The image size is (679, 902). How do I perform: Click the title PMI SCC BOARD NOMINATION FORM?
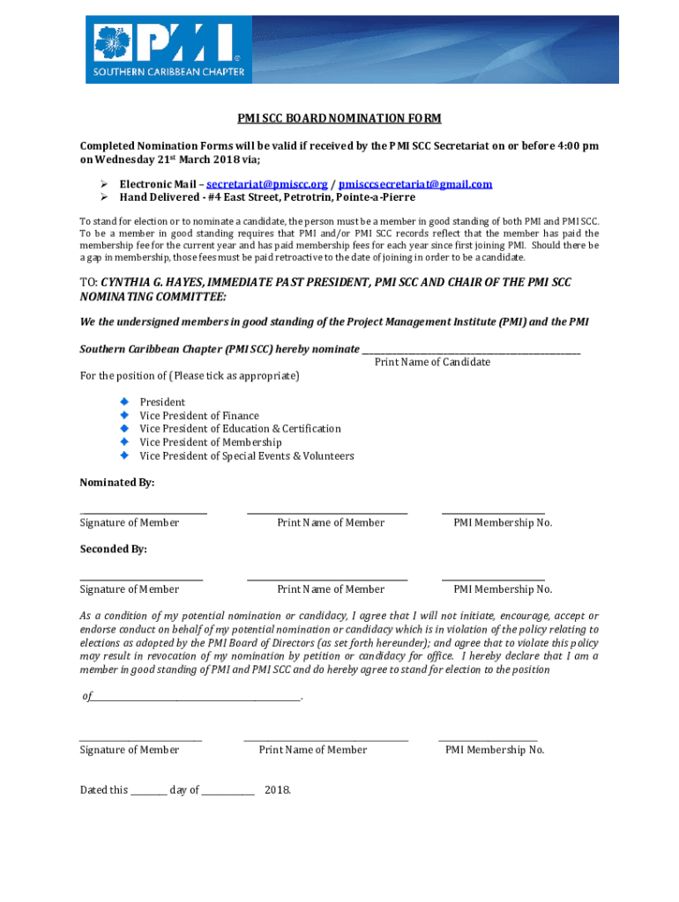[x=339, y=118]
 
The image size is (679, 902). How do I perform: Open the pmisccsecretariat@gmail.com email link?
[x=415, y=184]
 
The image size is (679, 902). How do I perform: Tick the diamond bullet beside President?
[x=124, y=402]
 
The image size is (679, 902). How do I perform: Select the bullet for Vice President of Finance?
[x=124, y=415]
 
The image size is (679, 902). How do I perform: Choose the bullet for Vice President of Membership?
[x=124, y=442]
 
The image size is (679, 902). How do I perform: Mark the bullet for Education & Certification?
[x=124, y=428]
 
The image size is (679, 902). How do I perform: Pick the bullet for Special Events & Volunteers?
[x=124, y=455]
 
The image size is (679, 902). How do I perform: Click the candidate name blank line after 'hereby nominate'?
[x=472, y=351]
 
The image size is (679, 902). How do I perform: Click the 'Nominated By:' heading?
[x=117, y=483]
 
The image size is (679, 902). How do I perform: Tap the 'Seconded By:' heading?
[x=114, y=549]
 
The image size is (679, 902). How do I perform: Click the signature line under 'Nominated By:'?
[x=144, y=512]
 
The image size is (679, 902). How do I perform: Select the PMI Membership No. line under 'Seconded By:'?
[x=493, y=578]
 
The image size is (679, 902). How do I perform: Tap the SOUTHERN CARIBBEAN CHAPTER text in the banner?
[x=169, y=71]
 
